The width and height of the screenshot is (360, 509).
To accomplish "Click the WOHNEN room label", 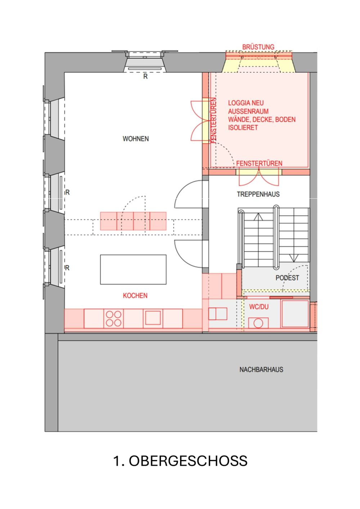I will point(135,139).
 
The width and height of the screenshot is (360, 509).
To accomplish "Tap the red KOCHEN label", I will point(135,296).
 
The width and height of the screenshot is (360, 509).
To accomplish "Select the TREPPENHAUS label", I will point(258,194).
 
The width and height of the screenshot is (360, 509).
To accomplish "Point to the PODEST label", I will point(287,278).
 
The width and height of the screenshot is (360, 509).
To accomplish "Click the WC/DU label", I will point(259,307).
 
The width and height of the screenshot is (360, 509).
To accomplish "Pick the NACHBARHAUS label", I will point(261,370).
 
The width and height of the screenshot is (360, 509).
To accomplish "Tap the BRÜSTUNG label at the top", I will point(258,47).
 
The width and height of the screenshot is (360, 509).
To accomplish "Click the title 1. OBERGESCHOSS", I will point(180,461).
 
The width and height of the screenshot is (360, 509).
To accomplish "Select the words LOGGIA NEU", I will point(246,103).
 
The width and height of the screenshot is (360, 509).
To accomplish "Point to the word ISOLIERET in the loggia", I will point(243,127).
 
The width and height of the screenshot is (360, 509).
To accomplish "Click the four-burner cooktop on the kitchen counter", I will point(113,319).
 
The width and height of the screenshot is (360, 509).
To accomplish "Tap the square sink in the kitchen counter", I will point(153,318).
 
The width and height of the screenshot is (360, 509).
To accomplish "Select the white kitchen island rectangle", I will point(133,270).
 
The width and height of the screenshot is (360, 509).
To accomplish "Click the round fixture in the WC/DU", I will point(258,323).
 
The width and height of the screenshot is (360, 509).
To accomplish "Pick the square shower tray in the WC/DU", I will point(295,314).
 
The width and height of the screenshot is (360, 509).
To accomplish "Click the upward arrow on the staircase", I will point(258,217).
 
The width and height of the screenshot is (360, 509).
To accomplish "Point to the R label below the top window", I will point(145,77).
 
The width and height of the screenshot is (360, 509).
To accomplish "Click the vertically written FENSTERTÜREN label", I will point(213,121).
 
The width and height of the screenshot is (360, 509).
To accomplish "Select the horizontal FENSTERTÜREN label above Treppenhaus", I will point(259,163).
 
